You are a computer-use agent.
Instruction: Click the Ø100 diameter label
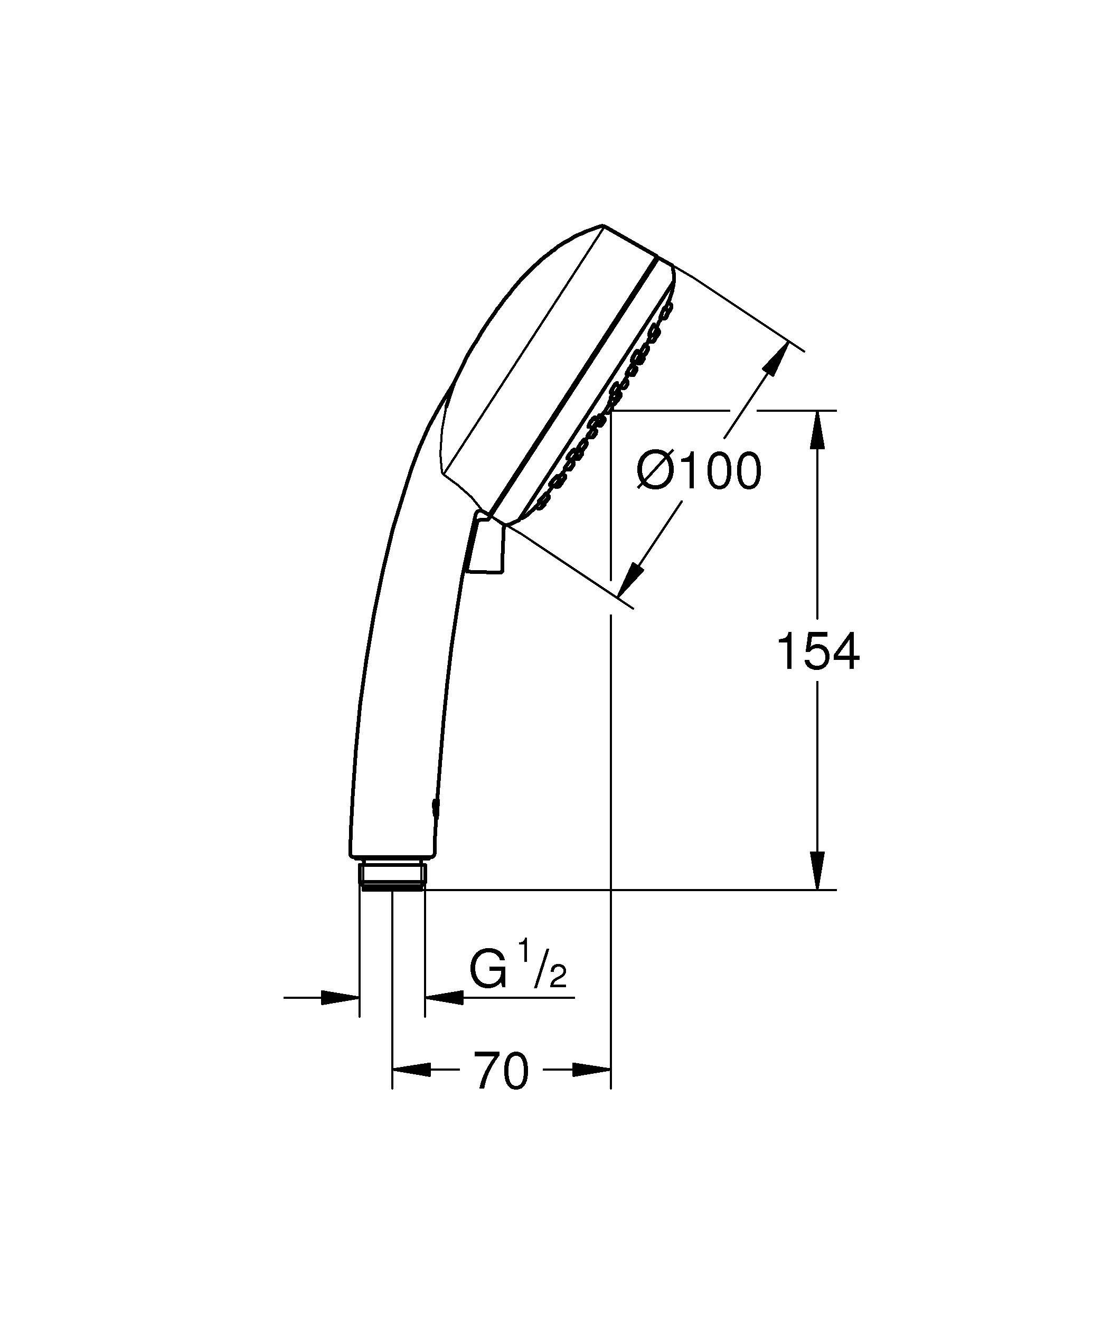coord(699,471)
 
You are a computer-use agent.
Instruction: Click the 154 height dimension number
coord(817,651)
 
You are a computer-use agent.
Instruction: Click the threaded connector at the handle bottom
coord(392,875)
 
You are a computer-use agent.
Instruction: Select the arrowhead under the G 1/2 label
coord(444,998)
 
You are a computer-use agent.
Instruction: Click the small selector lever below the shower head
coord(486,546)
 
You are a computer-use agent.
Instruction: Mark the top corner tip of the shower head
coord(602,225)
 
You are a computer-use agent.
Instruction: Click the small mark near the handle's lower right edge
coord(434,807)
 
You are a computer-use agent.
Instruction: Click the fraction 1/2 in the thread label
coord(543,973)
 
